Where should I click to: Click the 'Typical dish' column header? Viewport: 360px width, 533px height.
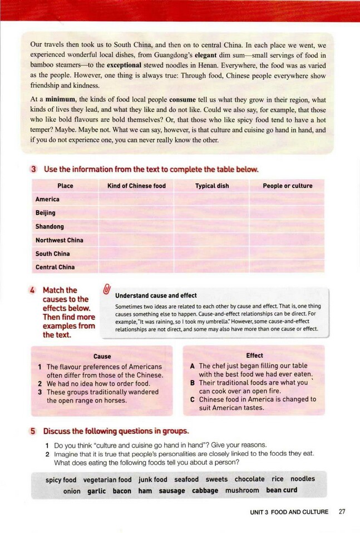(x=212, y=186)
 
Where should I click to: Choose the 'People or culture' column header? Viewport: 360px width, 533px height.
(x=287, y=186)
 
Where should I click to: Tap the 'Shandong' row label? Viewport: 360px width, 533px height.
(x=50, y=226)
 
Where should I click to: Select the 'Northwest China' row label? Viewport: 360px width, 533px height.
(x=59, y=240)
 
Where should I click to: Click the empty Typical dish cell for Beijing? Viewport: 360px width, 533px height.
(x=211, y=213)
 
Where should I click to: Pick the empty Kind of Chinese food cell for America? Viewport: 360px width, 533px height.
(x=136, y=199)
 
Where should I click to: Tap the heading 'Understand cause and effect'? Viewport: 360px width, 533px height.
(x=156, y=295)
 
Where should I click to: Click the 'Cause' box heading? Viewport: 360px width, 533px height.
(x=102, y=356)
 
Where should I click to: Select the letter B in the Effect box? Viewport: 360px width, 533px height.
(x=192, y=383)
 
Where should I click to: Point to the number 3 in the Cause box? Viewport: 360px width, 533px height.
(x=40, y=392)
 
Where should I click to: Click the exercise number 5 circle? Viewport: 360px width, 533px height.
(x=33, y=431)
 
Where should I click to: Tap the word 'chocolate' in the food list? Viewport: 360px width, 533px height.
(x=249, y=479)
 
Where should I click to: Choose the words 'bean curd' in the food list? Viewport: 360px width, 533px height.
(x=282, y=490)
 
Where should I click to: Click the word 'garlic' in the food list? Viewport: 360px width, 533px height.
(x=96, y=491)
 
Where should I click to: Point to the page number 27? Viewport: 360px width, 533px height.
(x=342, y=512)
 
